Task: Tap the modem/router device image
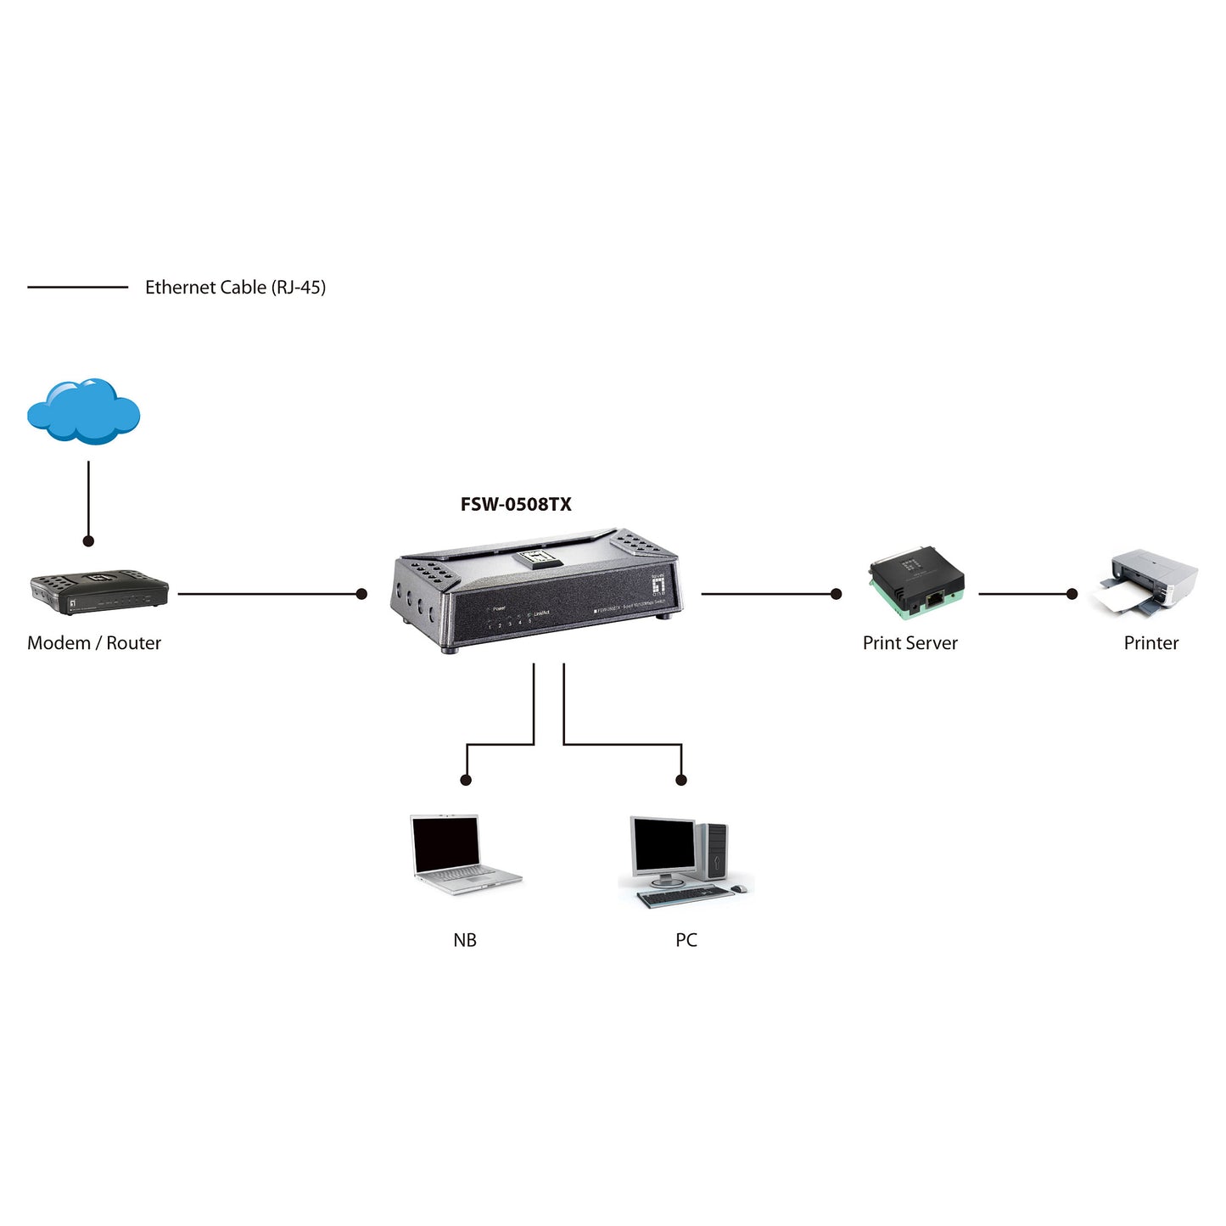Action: [99, 591]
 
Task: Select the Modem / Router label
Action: [94, 643]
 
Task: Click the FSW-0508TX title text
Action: [516, 505]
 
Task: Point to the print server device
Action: [916, 587]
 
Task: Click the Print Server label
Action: [910, 643]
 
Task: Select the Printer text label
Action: [1150, 643]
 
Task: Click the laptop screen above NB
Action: [445, 845]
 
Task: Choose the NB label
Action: [465, 940]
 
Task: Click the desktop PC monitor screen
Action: [663, 847]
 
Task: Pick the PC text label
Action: [686, 940]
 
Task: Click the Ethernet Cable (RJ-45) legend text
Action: [235, 288]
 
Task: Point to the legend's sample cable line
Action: [77, 288]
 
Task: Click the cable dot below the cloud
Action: [88, 540]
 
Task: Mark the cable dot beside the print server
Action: [836, 594]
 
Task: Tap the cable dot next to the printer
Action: [1072, 594]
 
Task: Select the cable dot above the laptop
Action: [465, 780]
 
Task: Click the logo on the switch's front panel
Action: [658, 583]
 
